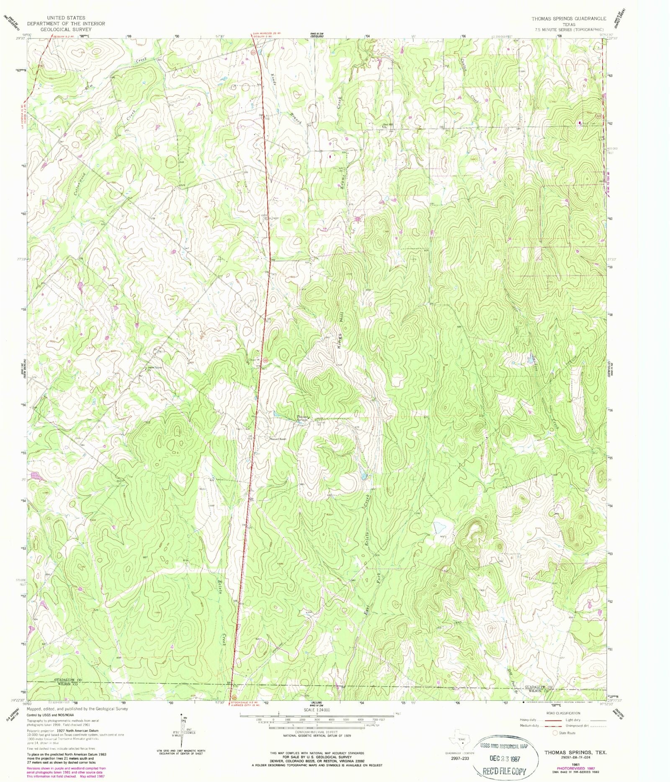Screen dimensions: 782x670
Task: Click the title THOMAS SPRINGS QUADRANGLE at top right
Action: click(569, 19)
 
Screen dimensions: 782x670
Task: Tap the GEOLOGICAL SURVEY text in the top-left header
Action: click(66, 30)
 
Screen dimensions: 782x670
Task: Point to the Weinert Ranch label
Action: click(277, 439)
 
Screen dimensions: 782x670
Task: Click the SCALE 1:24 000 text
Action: click(317, 710)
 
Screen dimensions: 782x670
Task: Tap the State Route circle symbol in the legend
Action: click(555, 733)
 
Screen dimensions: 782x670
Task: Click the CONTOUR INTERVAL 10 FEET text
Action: click(317, 732)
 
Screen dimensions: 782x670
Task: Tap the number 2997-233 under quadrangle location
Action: click(460, 758)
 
